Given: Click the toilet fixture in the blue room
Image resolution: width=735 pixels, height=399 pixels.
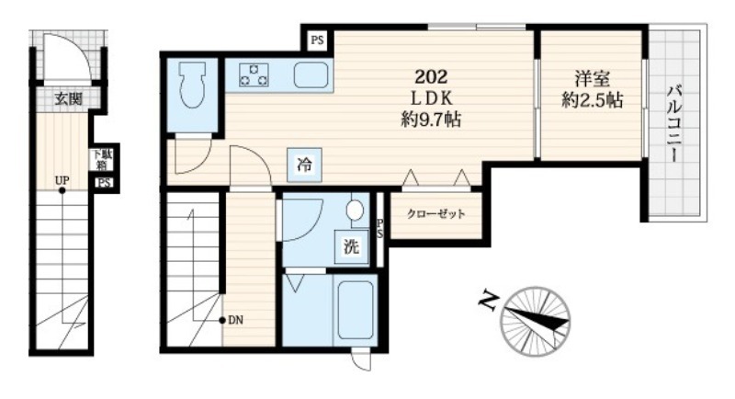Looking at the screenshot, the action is pyautogui.click(x=193, y=85).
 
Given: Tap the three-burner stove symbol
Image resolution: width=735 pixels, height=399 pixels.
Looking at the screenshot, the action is pyautogui.click(x=254, y=75).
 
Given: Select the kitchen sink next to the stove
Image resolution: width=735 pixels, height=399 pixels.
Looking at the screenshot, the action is pyautogui.click(x=311, y=75).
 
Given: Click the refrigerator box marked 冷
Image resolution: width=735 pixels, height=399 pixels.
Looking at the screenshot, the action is pyautogui.click(x=305, y=165).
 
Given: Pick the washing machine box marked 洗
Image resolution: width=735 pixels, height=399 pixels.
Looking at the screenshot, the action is pyautogui.click(x=352, y=247).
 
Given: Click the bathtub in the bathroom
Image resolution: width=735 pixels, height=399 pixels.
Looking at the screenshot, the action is pyautogui.click(x=356, y=310).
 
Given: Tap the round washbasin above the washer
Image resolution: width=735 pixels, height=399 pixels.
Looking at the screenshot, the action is pyautogui.click(x=356, y=210).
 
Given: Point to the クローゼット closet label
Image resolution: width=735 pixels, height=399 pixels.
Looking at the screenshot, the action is pyautogui.click(x=435, y=214).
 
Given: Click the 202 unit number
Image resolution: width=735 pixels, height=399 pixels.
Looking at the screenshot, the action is pyautogui.click(x=431, y=76).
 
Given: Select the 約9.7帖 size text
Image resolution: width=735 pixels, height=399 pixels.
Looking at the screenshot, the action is pyautogui.click(x=431, y=120).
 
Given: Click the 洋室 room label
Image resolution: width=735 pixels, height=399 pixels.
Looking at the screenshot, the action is pyautogui.click(x=593, y=78).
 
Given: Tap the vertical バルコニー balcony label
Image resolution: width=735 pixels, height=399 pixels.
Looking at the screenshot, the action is pyautogui.click(x=675, y=124).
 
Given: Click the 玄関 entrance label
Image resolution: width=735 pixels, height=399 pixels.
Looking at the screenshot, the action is pyautogui.click(x=68, y=99).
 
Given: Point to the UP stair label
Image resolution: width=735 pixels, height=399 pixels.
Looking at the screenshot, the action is pyautogui.click(x=62, y=180).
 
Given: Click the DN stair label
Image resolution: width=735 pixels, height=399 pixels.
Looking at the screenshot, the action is pyautogui.click(x=236, y=321).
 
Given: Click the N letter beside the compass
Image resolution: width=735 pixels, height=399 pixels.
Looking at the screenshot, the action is pyautogui.click(x=488, y=302).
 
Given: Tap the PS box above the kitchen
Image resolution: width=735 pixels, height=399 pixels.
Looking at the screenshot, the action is pyautogui.click(x=317, y=40).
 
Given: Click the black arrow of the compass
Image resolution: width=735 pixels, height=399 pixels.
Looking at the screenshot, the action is pyautogui.click(x=538, y=319).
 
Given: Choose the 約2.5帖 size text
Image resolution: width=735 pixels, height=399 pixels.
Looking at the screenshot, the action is pyautogui.click(x=593, y=100).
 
